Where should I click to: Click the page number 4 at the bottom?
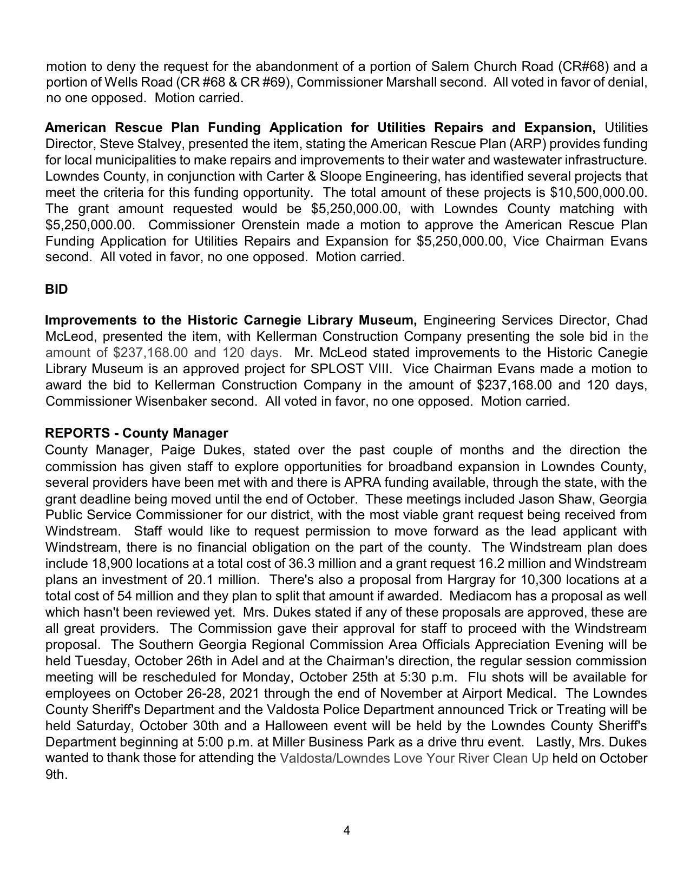346,830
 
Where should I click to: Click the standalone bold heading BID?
56,289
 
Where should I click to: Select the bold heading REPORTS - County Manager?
136,433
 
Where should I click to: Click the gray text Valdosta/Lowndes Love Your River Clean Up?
414,758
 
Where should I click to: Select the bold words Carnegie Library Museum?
330,320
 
